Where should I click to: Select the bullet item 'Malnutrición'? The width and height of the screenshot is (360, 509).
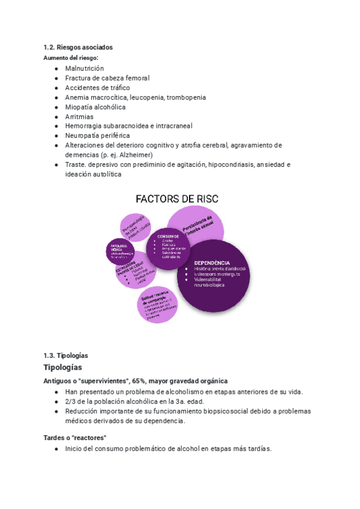click(x=84, y=68)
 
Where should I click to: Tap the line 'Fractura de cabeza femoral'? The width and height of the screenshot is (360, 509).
click(x=107, y=78)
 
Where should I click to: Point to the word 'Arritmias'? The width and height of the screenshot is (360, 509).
click(x=80, y=116)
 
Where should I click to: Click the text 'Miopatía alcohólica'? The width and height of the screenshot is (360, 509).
click(x=95, y=107)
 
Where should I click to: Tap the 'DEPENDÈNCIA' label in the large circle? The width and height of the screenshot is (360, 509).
click(x=212, y=262)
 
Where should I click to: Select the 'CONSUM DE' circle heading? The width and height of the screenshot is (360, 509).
click(x=169, y=236)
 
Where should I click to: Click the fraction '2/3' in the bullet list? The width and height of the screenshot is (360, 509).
click(x=71, y=402)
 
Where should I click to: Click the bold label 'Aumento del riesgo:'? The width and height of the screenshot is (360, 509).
click(x=71, y=58)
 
